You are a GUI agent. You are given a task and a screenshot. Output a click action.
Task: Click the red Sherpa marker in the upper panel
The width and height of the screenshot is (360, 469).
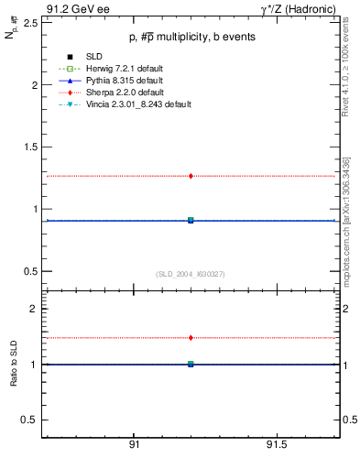[191, 176]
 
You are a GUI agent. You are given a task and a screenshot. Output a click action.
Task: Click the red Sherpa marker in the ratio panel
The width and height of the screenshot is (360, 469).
[191, 338]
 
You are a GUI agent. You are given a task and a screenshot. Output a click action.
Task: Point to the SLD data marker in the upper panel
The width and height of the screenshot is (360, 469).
[191, 220]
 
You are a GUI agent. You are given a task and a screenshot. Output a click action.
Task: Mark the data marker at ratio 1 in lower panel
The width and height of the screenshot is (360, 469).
[191, 364]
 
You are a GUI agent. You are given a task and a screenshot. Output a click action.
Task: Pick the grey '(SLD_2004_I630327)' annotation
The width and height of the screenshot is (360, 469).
[191, 274]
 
